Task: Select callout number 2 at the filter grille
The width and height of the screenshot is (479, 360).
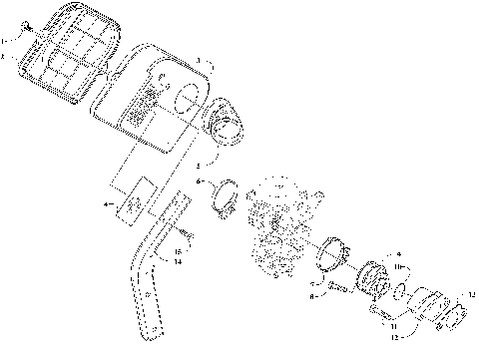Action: (x=4, y=59)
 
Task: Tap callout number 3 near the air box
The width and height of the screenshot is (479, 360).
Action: (x=199, y=62)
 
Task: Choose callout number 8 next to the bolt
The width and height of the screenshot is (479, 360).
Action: (x=312, y=296)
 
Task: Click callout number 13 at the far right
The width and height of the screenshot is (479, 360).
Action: (x=472, y=294)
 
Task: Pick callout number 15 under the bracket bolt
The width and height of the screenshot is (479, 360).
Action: (x=178, y=251)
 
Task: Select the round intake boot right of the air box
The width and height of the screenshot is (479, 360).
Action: (x=226, y=125)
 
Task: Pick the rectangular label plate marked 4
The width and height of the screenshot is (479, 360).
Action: (x=132, y=197)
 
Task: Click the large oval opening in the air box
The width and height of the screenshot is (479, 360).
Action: (x=186, y=101)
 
